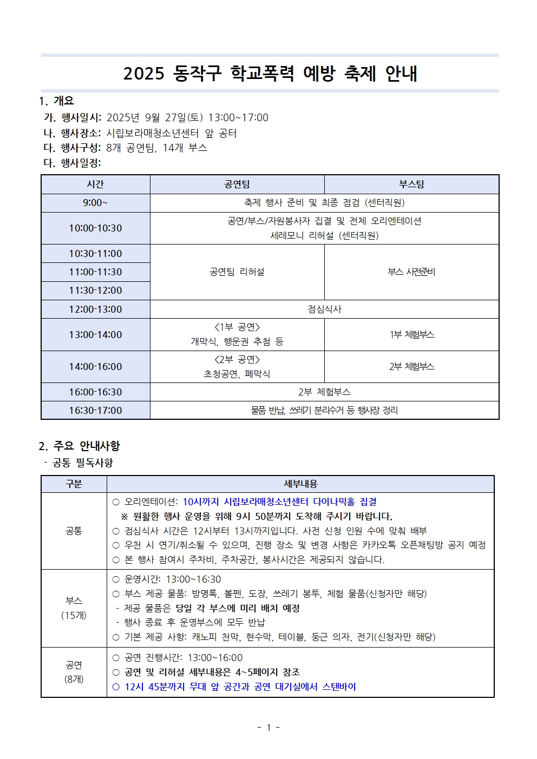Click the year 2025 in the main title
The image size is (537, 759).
pyautogui.click(x=143, y=74)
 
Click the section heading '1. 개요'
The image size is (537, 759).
pyautogui.click(x=56, y=101)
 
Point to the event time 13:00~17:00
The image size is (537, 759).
pyautogui.click(x=238, y=118)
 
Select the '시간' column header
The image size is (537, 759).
pyautogui.click(x=95, y=184)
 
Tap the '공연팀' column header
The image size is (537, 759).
pyautogui.click(x=237, y=184)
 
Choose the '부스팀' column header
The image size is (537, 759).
pyautogui.click(x=411, y=184)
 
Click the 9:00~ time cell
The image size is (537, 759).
pyautogui.click(x=95, y=203)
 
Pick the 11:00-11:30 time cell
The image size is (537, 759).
pyautogui.click(x=95, y=272)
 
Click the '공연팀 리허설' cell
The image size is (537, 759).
pyautogui.click(x=237, y=272)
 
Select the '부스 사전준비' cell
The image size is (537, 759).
pyautogui.click(x=411, y=272)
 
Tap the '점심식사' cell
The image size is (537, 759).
pyautogui.click(x=324, y=309)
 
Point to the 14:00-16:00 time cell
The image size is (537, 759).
pyautogui.click(x=95, y=367)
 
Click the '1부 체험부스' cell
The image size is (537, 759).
pyautogui.click(x=411, y=335)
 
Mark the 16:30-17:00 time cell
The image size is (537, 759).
pyautogui.click(x=95, y=411)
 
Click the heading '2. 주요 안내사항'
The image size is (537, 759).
pyautogui.click(x=79, y=446)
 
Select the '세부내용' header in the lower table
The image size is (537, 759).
pyautogui.click(x=300, y=484)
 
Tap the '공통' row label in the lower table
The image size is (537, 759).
pyautogui.click(x=74, y=531)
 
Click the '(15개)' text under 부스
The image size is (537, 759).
pyautogui.click(x=74, y=616)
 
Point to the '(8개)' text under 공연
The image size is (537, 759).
pyautogui.click(x=74, y=679)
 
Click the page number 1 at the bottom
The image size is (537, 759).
pyautogui.click(x=268, y=728)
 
